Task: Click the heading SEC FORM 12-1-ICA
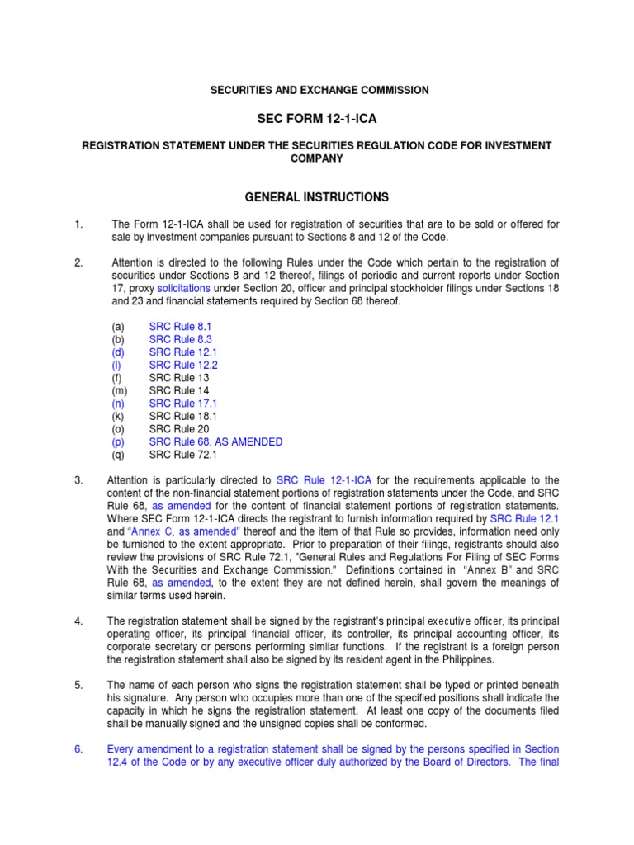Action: tap(317, 119)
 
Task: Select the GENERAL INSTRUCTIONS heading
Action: tap(316, 197)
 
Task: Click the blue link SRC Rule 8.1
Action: tap(174, 327)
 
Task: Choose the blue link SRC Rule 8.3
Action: tap(174, 339)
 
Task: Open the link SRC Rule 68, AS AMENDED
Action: tap(215, 441)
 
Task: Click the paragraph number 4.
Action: tap(78, 621)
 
